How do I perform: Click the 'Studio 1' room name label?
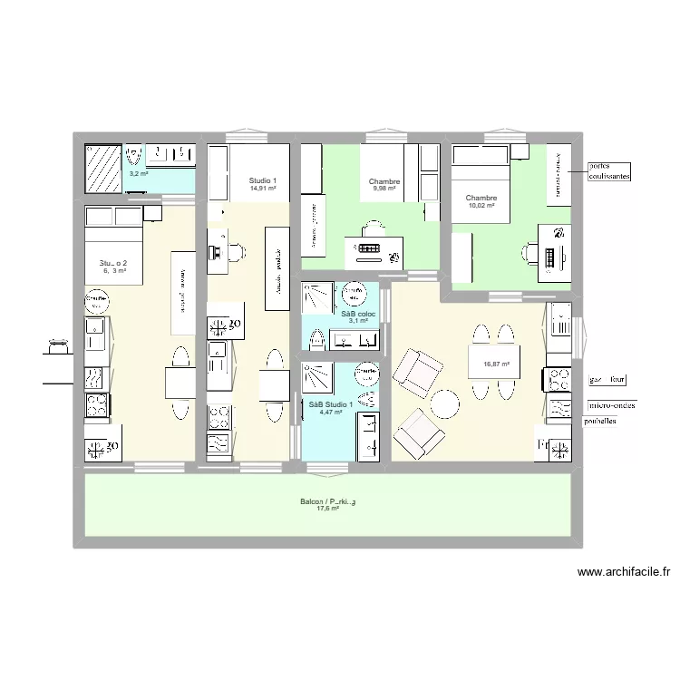(262, 181)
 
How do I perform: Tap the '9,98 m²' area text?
(384, 189)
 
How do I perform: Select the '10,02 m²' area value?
(481, 206)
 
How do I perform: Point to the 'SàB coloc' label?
(358, 314)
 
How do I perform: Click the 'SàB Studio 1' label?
(331, 404)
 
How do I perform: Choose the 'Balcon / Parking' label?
(327, 501)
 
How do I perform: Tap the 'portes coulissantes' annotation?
(609, 171)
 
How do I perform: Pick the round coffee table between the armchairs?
(444, 402)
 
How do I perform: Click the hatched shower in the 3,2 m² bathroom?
(102, 169)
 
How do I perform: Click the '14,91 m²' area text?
(262, 189)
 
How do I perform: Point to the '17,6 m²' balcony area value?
(327, 510)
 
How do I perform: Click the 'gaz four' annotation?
(607, 380)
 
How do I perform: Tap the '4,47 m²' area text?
(331, 413)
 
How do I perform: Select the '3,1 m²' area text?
(358, 321)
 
